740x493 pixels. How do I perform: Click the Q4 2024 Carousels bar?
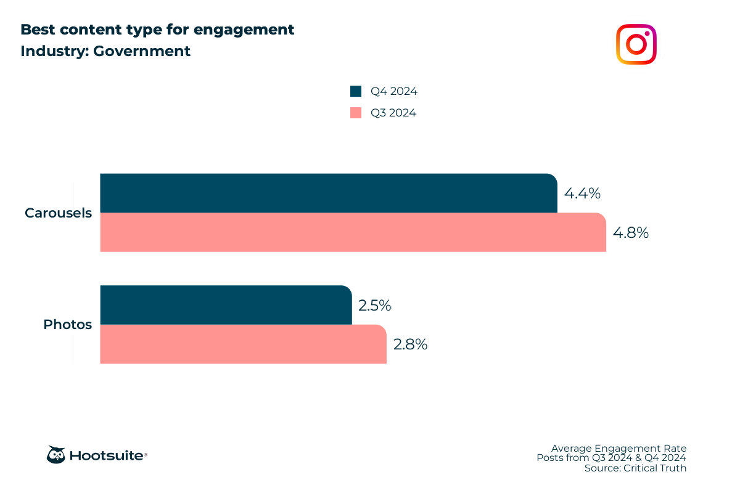329,193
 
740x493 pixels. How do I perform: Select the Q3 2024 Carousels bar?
353,232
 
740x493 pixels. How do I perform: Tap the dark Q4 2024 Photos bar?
226,305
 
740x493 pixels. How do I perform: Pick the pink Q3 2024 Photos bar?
243,344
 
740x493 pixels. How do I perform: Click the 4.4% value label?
582,194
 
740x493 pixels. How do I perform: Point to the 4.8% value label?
630,233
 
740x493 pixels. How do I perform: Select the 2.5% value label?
375,306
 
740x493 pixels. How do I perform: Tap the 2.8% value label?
410,344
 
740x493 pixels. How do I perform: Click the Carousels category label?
58,213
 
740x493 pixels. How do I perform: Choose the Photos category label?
67,324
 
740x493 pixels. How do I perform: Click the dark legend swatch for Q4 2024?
356,91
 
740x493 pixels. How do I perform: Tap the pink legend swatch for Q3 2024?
356,113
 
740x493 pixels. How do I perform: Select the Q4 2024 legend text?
393,91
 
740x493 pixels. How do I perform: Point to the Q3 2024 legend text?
393,113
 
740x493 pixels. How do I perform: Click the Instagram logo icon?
636,44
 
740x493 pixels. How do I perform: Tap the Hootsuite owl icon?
56,455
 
